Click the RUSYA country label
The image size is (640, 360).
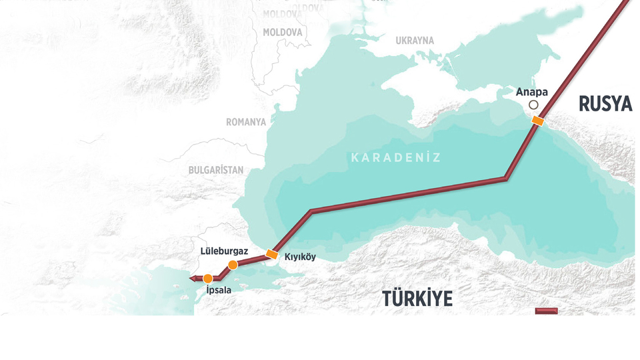[x=605, y=104]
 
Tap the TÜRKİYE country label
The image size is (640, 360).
[x=417, y=299]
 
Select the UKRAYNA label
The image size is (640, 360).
[x=415, y=41]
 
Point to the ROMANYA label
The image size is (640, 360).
[x=246, y=122]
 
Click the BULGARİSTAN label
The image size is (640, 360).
[x=216, y=170]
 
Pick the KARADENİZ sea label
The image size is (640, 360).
[x=396, y=158]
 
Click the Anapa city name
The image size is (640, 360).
[x=532, y=92]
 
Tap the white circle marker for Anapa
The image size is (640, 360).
[x=533, y=105]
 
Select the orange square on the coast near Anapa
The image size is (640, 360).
[x=537, y=121]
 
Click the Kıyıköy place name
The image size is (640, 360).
[x=300, y=257]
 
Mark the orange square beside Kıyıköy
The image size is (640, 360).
[x=272, y=254]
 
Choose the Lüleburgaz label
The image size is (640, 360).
[x=225, y=251]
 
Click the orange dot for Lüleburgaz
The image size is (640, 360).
[x=233, y=265]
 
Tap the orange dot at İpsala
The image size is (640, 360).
[x=208, y=278]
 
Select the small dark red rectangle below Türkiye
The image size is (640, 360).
[x=547, y=311]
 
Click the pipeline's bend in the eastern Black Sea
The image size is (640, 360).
[x=506, y=178]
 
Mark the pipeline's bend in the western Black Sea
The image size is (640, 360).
[x=312, y=212]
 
